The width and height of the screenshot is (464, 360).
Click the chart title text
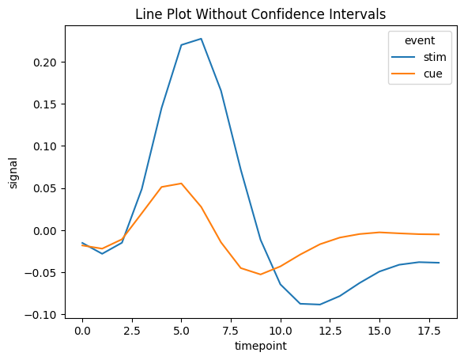pyautogui.click(x=260, y=14)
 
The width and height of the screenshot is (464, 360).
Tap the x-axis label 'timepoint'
pyautogui.click(x=260, y=346)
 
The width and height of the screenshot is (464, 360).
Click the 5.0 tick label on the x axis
pyautogui.click(x=181, y=329)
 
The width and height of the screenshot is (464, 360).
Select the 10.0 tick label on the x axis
pyautogui.click(x=280, y=329)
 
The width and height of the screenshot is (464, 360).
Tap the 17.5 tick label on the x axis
pyautogui.click(x=428, y=329)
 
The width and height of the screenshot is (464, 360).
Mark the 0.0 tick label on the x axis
pyautogui.click(x=82, y=329)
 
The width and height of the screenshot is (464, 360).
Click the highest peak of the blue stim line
pyautogui.click(x=201, y=39)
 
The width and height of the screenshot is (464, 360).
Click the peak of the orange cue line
pyautogui.click(x=181, y=184)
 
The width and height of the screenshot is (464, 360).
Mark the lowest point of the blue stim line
pyautogui.click(x=319, y=305)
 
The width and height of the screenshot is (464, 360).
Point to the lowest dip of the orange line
pyautogui.click(x=260, y=275)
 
